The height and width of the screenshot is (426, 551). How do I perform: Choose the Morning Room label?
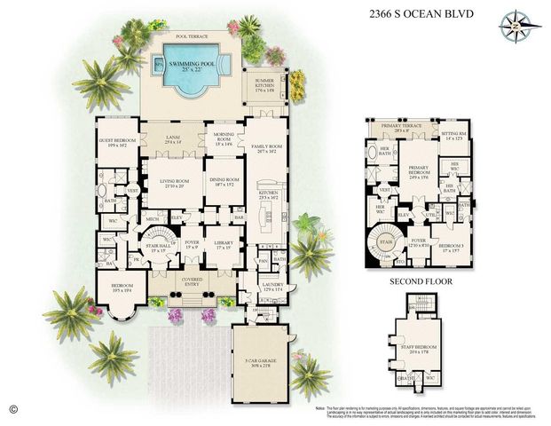[220, 140]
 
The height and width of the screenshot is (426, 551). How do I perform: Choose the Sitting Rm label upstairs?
[457, 134]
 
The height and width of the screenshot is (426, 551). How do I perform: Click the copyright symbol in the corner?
[12, 408]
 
